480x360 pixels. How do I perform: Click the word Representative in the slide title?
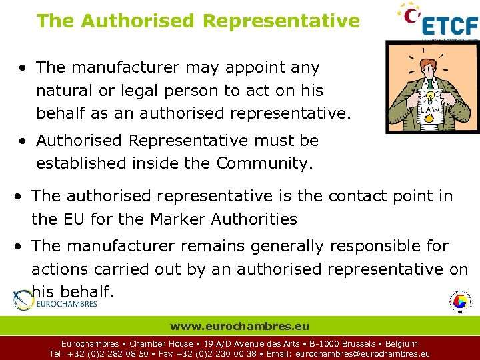[x=281, y=21]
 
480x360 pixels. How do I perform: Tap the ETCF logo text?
[x=450, y=25]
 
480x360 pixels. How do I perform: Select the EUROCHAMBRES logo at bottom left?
[x=56, y=302]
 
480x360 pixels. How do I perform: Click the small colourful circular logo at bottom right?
[x=459, y=302]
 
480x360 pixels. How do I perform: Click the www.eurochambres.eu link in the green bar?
[x=239, y=327]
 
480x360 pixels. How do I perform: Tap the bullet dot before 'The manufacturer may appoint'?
[x=23, y=68]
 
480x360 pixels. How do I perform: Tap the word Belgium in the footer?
[x=401, y=344]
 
